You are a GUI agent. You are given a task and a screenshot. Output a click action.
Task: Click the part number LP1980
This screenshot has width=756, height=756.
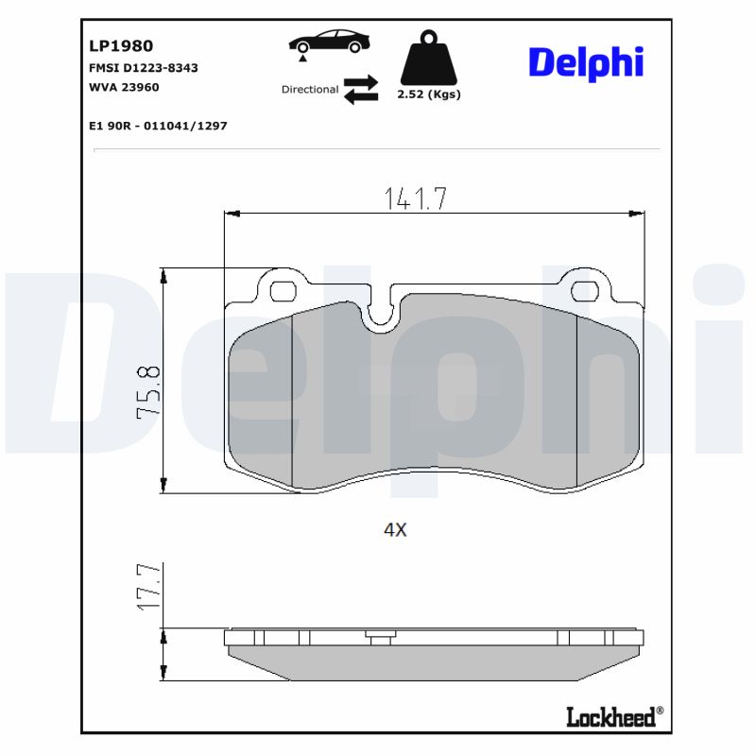(x=121, y=45)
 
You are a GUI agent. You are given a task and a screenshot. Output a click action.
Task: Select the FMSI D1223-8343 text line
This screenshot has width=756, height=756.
(x=143, y=68)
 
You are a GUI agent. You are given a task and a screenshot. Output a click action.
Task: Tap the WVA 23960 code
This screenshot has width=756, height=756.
(x=124, y=86)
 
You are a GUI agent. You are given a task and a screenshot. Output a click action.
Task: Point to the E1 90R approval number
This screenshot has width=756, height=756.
(x=158, y=125)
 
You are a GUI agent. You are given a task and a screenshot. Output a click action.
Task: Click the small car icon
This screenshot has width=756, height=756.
(x=330, y=43)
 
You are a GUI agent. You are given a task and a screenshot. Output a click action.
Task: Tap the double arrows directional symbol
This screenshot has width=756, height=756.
(x=360, y=89)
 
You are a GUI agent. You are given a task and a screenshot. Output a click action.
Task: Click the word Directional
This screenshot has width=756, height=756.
(x=309, y=90)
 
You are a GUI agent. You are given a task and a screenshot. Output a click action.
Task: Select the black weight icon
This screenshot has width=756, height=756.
(x=430, y=59)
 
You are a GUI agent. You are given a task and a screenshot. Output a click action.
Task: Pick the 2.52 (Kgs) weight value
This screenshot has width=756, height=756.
(x=430, y=94)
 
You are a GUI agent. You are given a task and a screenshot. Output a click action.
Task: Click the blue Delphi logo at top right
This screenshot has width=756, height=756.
(x=585, y=62)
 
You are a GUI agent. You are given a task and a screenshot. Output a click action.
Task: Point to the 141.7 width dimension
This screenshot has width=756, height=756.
(x=415, y=198)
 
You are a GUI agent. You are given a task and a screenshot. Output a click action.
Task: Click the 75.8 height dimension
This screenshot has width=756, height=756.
(x=149, y=393)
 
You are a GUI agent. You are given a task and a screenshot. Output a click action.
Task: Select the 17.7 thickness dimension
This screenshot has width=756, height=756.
(x=150, y=588)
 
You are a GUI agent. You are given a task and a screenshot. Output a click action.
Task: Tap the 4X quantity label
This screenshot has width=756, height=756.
(x=395, y=531)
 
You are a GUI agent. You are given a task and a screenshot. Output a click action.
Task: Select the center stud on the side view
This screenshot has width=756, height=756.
(x=381, y=640)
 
